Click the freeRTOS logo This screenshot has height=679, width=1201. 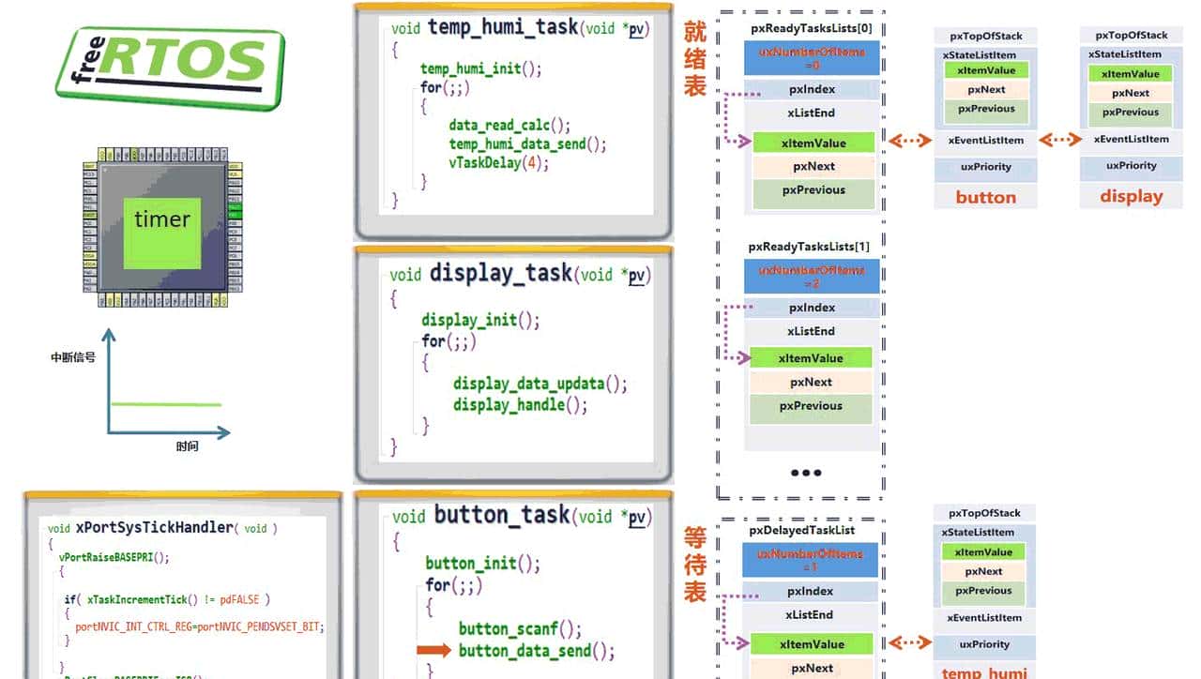(169, 67)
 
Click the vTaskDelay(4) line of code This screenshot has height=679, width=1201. (498, 163)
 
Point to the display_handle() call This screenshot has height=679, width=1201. (521, 405)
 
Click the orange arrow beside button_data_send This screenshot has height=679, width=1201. (433, 650)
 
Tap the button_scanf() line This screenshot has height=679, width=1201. (520, 628)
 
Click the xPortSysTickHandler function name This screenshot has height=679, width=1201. (154, 527)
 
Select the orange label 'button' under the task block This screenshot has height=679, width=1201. (985, 197)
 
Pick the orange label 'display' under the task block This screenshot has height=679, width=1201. (1131, 197)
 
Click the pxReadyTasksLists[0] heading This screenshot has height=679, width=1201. (811, 28)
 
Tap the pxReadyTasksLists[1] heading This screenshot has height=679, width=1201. (809, 247)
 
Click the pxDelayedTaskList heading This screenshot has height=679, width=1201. (801, 530)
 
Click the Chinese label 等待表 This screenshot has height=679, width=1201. (694, 565)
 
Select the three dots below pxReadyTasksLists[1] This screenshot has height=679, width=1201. (806, 473)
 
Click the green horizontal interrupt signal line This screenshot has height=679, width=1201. (166, 404)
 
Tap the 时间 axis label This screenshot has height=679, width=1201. (187, 446)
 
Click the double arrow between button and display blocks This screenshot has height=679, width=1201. (1060, 140)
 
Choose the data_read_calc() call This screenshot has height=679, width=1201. (509, 125)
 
